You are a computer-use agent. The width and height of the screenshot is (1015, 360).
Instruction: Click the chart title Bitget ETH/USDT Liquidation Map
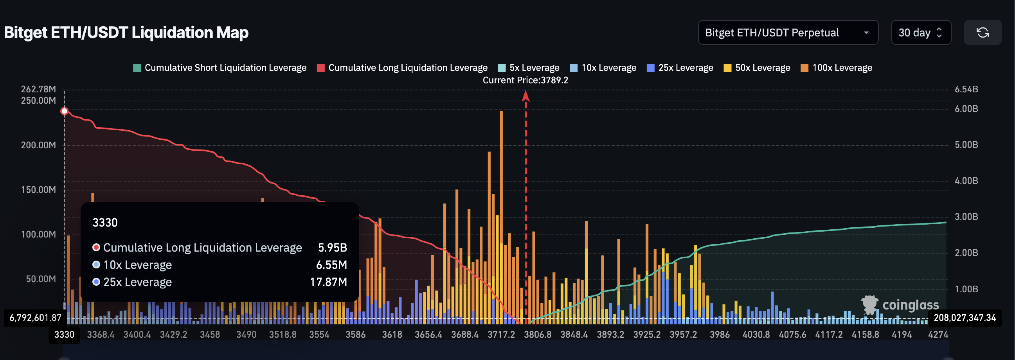(x=126, y=32)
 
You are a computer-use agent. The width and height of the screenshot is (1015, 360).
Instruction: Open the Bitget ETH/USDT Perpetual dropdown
(x=788, y=33)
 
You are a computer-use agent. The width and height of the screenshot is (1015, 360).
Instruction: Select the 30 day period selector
(x=920, y=33)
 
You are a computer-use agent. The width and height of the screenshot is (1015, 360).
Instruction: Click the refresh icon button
(x=982, y=33)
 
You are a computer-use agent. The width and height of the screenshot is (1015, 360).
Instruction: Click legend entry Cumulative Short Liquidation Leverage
(x=220, y=68)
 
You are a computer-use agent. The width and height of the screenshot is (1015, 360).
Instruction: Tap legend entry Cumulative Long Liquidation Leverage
(x=402, y=68)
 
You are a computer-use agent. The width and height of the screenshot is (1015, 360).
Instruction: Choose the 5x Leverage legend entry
(x=529, y=68)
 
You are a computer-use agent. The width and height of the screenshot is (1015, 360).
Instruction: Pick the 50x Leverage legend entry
(x=757, y=68)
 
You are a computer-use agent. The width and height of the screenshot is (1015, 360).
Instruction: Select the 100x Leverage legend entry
(x=837, y=68)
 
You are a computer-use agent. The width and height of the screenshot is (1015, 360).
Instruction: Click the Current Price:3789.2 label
(x=525, y=80)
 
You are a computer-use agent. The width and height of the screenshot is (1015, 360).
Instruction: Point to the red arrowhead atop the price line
(x=525, y=96)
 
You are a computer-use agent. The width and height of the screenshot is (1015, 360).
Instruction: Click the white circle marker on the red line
(x=64, y=111)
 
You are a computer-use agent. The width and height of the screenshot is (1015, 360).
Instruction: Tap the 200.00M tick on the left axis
(x=38, y=145)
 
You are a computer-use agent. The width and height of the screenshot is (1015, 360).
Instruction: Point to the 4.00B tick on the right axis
(x=966, y=181)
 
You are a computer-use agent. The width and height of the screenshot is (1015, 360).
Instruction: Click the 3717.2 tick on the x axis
(x=501, y=335)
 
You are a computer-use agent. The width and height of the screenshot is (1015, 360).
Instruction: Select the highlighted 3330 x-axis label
(x=64, y=335)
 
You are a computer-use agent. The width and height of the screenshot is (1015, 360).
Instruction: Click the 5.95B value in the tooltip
(x=332, y=247)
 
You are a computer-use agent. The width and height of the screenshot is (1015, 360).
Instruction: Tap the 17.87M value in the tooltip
(x=328, y=282)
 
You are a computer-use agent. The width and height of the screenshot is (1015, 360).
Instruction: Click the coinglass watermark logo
(x=900, y=304)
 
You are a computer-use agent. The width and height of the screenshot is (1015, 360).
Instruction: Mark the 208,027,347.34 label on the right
(x=964, y=317)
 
